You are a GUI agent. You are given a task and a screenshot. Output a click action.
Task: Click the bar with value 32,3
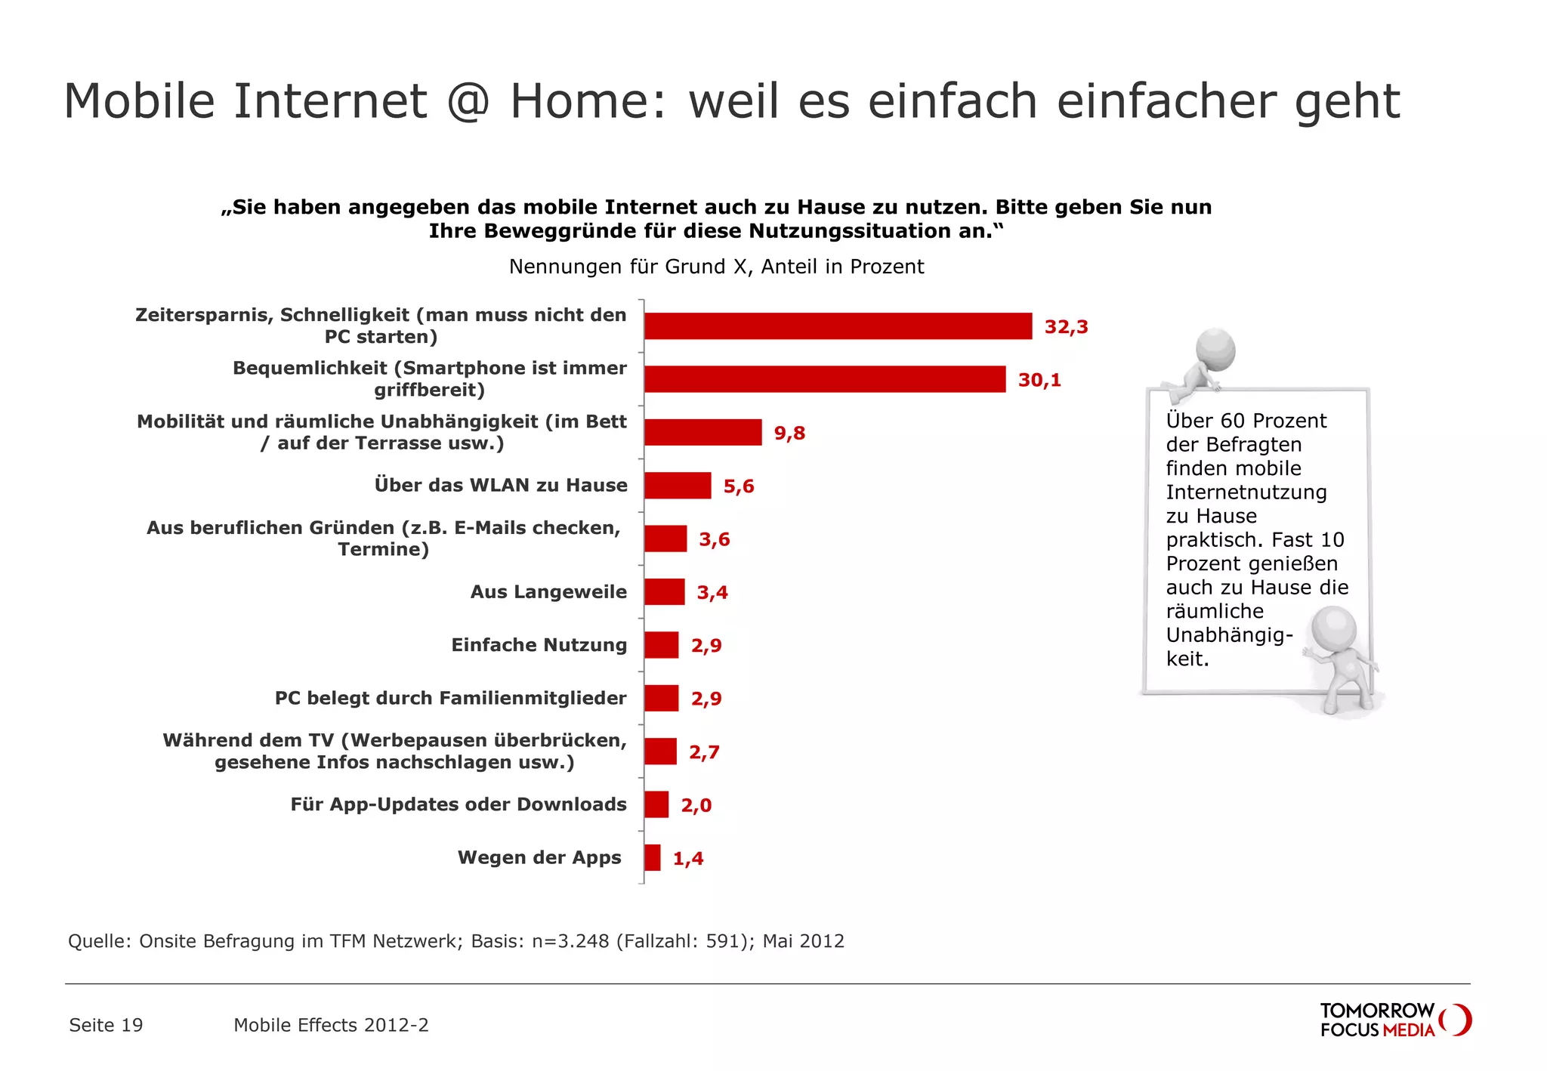(838, 326)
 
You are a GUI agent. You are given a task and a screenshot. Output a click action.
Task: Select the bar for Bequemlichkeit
(825, 379)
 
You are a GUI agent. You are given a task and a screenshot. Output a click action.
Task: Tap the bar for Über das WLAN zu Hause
(678, 486)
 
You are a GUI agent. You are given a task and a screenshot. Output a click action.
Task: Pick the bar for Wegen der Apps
(653, 858)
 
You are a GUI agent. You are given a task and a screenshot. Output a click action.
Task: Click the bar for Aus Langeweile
(665, 592)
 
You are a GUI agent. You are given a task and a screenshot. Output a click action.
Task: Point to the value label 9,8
(789, 434)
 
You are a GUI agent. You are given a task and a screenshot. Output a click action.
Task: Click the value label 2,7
(704, 752)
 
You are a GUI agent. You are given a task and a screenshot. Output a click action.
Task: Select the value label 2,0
(696, 805)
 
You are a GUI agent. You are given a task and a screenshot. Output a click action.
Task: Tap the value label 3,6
(714, 539)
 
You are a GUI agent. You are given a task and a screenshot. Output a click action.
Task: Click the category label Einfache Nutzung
(539, 645)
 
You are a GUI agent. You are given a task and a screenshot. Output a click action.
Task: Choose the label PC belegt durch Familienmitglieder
(450, 698)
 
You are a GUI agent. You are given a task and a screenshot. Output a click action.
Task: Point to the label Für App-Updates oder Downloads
(459, 804)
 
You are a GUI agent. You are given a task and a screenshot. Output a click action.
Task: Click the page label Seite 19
(106, 1025)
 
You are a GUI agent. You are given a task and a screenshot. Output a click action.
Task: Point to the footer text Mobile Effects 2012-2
(331, 1025)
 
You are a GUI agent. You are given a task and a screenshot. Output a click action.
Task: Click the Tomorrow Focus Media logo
(1394, 1020)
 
